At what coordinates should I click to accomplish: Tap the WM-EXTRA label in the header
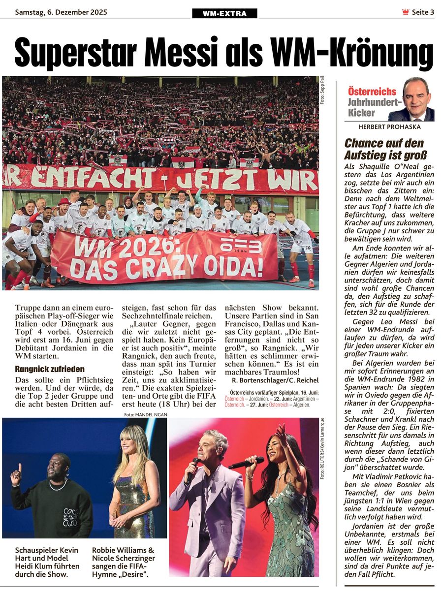(x=224, y=13)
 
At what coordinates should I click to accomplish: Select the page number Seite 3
(x=423, y=12)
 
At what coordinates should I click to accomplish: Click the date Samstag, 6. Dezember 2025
(x=61, y=12)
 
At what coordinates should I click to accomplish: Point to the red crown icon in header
(x=406, y=12)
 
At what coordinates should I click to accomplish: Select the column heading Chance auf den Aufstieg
(x=384, y=149)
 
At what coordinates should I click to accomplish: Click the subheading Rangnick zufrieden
(x=50, y=369)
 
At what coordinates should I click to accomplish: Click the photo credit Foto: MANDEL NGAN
(x=146, y=415)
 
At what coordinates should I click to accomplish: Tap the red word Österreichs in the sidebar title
(x=372, y=91)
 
